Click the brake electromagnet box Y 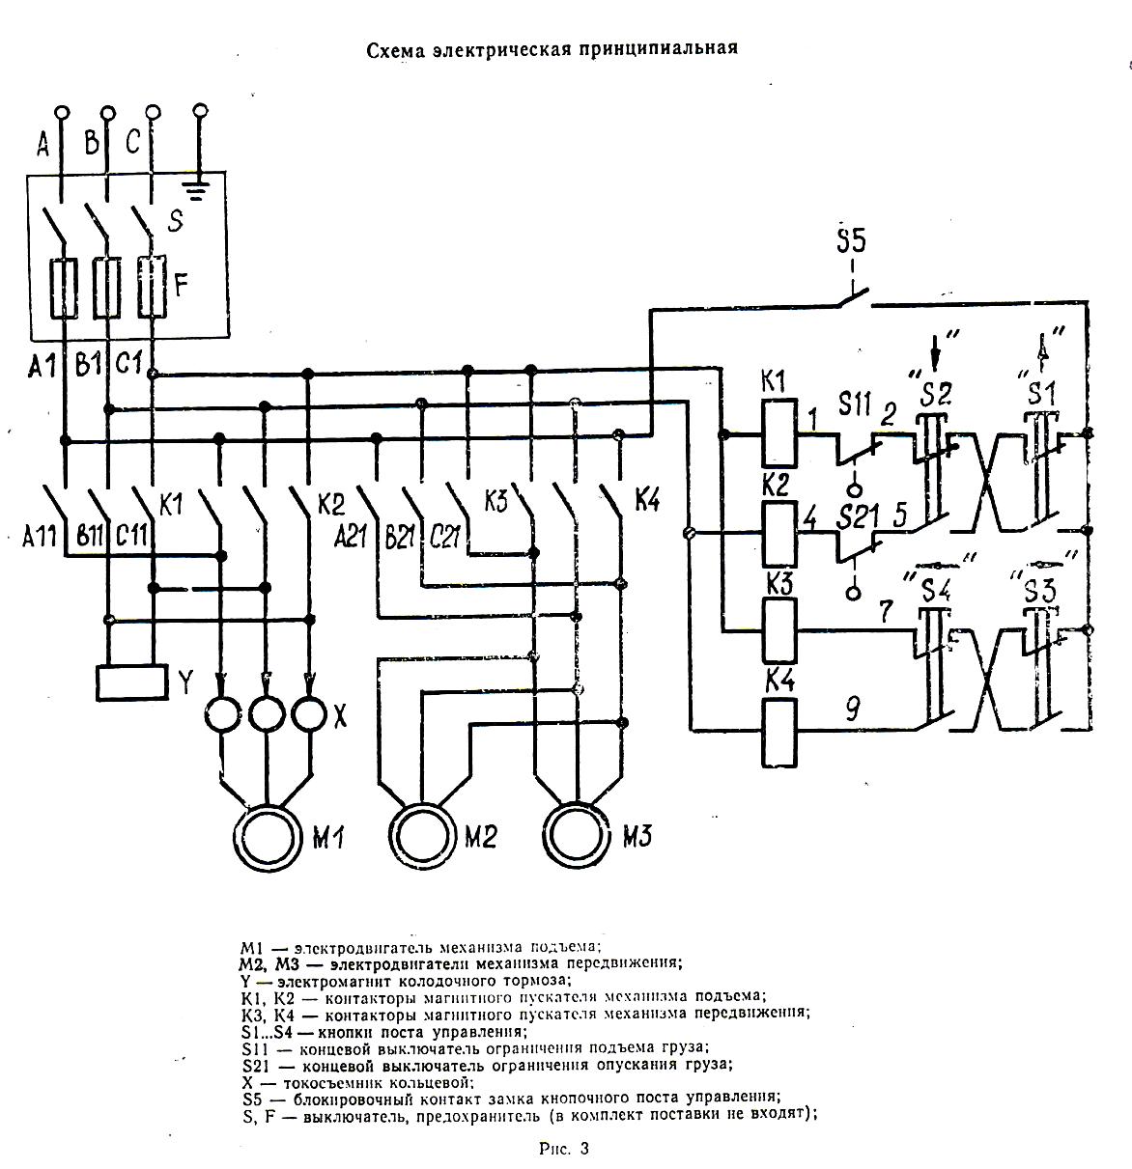coord(132,681)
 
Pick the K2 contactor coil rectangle coord(778,533)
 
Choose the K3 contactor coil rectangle coord(778,629)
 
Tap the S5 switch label coord(850,241)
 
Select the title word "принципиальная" coord(659,47)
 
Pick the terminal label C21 coord(444,536)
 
